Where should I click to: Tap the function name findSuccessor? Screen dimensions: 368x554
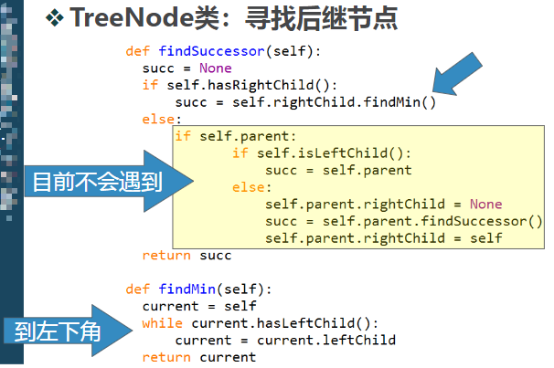tap(210, 51)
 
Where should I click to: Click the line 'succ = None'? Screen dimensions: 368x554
tap(187, 68)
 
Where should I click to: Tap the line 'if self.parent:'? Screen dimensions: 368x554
tap(222, 136)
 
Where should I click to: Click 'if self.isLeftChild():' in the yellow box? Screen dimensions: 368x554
tap(322, 152)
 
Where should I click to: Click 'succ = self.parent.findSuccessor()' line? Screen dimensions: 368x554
tap(403, 221)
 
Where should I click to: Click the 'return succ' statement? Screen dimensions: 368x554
tap(187, 256)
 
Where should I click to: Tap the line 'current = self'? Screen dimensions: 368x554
tap(199, 306)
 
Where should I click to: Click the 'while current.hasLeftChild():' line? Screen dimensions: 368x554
tap(260, 323)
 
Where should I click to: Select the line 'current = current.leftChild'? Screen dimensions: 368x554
tap(285, 340)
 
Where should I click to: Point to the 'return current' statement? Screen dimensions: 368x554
tap(199, 357)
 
